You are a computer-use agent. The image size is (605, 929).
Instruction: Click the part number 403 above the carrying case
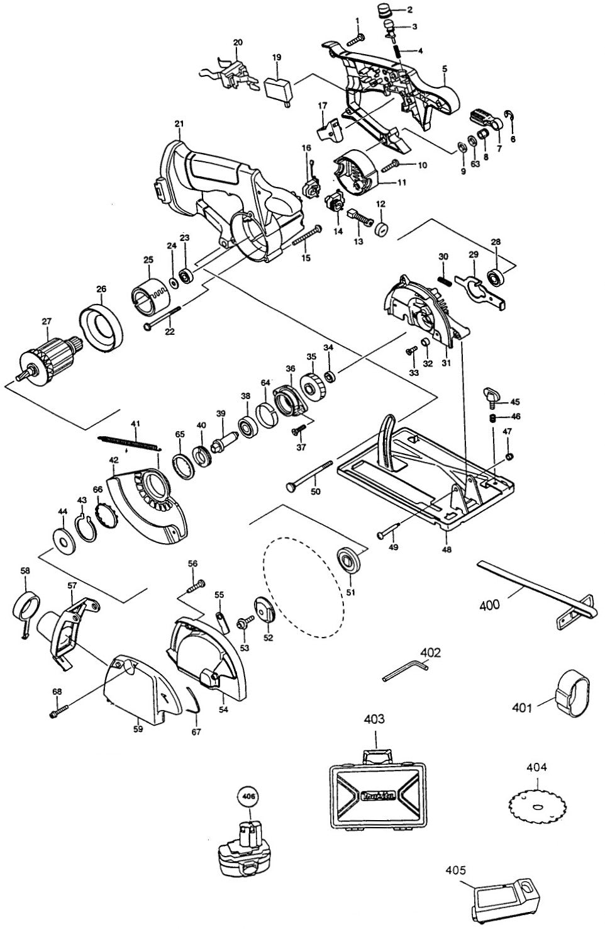tap(374, 719)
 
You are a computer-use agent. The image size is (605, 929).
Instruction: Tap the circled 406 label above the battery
tap(248, 796)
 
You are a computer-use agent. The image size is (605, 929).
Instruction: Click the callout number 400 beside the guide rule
tap(489, 605)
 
